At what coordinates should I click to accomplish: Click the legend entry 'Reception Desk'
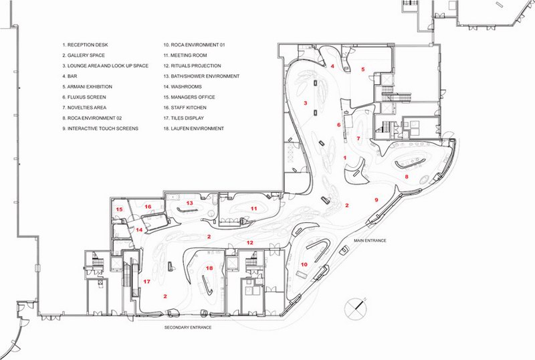(x=86, y=45)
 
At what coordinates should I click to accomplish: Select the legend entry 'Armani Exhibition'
(x=88, y=87)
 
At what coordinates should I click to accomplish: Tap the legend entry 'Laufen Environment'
(x=193, y=128)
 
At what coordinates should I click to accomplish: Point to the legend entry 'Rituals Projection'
(x=192, y=66)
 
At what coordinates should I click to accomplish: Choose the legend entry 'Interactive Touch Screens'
(x=100, y=128)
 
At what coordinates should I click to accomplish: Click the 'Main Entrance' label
(x=370, y=240)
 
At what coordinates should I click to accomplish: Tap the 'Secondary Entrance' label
(x=188, y=327)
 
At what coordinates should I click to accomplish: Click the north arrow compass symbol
(x=356, y=307)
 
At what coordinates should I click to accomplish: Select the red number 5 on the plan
(x=363, y=70)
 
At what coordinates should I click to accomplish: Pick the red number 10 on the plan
(x=304, y=264)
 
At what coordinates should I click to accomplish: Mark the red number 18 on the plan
(x=209, y=268)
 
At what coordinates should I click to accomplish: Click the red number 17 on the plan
(x=146, y=282)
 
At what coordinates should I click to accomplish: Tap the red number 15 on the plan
(x=119, y=209)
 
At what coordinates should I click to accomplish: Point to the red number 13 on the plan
(x=189, y=203)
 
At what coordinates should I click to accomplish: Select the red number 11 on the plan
(x=253, y=208)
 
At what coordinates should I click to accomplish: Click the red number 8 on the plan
(x=407, y=177)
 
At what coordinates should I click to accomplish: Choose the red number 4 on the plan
(x=332, y=66)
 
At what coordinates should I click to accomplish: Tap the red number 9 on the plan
(x=377, y=200)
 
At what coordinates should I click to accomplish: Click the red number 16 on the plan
(x=148, y=207)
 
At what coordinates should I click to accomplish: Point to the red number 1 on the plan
(x=345, y=158)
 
